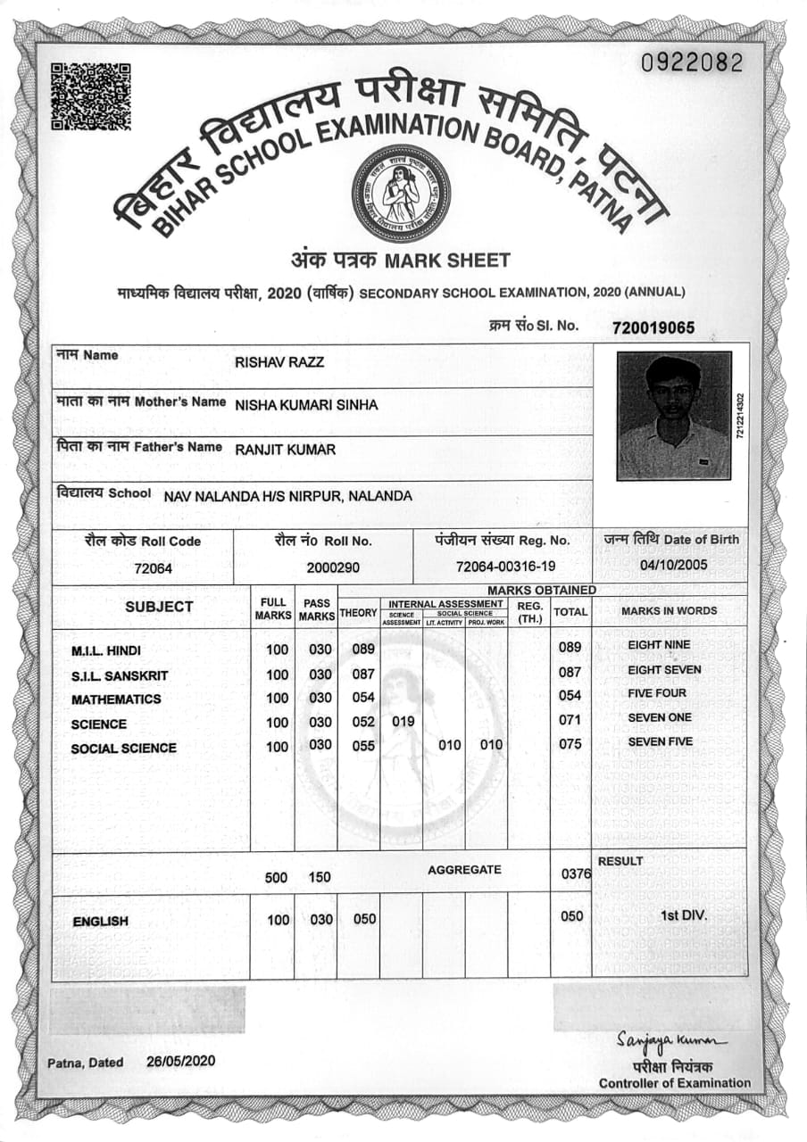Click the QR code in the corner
point(90,96)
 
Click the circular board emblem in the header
point(401,194)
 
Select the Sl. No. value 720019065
point(653,327)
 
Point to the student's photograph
point(674,415)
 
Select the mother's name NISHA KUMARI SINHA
point(306,405)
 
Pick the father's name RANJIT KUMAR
point(286,450)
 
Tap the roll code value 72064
point(153,568)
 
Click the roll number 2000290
point(333,567)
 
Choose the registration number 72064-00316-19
point(505,567)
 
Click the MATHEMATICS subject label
point(116,699)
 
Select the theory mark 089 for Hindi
point(363,650)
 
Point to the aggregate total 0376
point(576,875)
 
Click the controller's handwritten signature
point(671,1041)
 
